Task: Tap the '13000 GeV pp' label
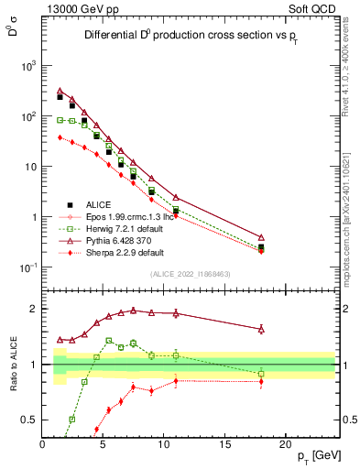(x=81, y=8)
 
